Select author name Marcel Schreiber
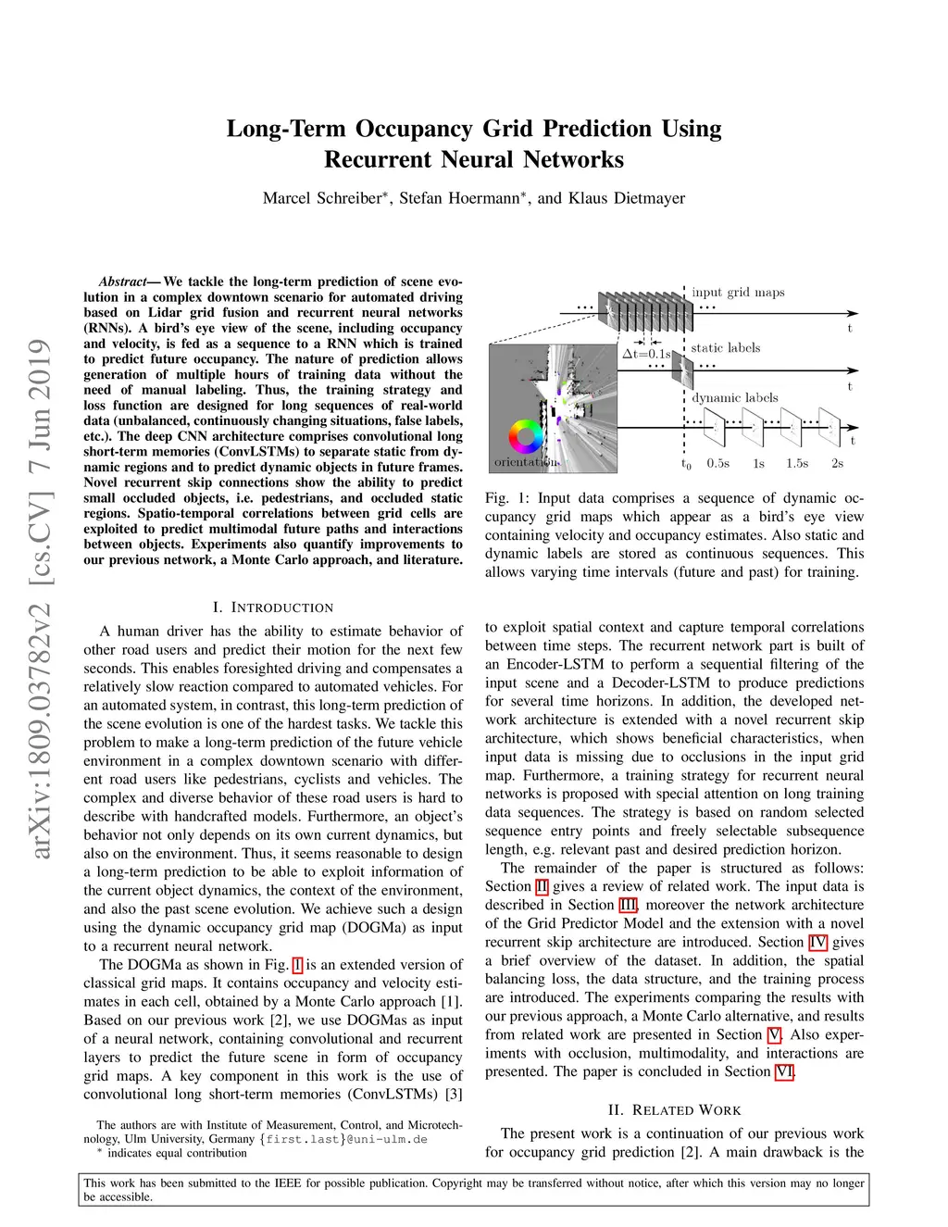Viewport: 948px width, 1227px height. tap(322, 198)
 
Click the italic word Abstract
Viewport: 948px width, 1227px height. tap(122, 282)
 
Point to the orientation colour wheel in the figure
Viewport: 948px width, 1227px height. tap(526, 436)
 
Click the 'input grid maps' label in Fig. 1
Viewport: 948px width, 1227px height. tap(738, 293)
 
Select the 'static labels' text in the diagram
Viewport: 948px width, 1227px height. tap(725, 348)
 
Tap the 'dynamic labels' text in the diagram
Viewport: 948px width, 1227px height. tap(735, 397)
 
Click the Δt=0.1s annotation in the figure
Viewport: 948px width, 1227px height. tap(645, 354)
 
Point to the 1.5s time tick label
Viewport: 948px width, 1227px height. tap(796, 463)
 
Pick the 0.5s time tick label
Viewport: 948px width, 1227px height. tap(717, 463)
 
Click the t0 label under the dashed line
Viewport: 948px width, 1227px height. tap(686, 464)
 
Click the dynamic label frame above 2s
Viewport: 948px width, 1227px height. tap(829, 427)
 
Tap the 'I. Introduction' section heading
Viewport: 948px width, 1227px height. tap(272, 607)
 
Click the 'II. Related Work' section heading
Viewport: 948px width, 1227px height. tap(674, 1109)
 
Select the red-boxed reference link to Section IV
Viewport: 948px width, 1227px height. tap(817, 942)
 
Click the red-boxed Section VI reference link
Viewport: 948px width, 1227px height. tap(783, 1071)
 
